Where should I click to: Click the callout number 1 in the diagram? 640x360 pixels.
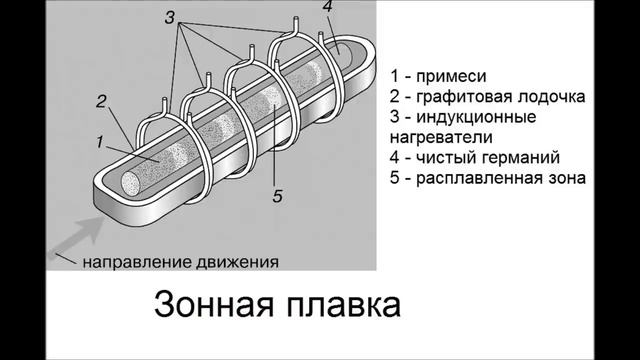[x=100, y=143]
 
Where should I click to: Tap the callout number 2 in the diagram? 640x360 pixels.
[x=101, y=102]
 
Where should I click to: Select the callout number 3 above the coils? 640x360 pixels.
[x=170, y=18]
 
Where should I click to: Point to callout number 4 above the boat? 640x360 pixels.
[x=329, y=7]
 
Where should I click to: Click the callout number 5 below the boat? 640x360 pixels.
[x=278, y=197]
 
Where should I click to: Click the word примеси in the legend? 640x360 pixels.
[x=451, y=77]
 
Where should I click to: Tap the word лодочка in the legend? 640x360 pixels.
[x=551, y=97]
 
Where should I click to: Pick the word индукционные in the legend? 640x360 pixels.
[x=476, y=118]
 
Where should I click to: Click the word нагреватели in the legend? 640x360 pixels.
[x=441, y=138]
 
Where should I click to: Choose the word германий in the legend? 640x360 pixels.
[x=519, y=158]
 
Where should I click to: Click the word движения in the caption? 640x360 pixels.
[x=237, y=262]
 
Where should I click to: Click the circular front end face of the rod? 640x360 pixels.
[x=131, y=183]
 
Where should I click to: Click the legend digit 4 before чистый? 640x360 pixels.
[x=394, y=158]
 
